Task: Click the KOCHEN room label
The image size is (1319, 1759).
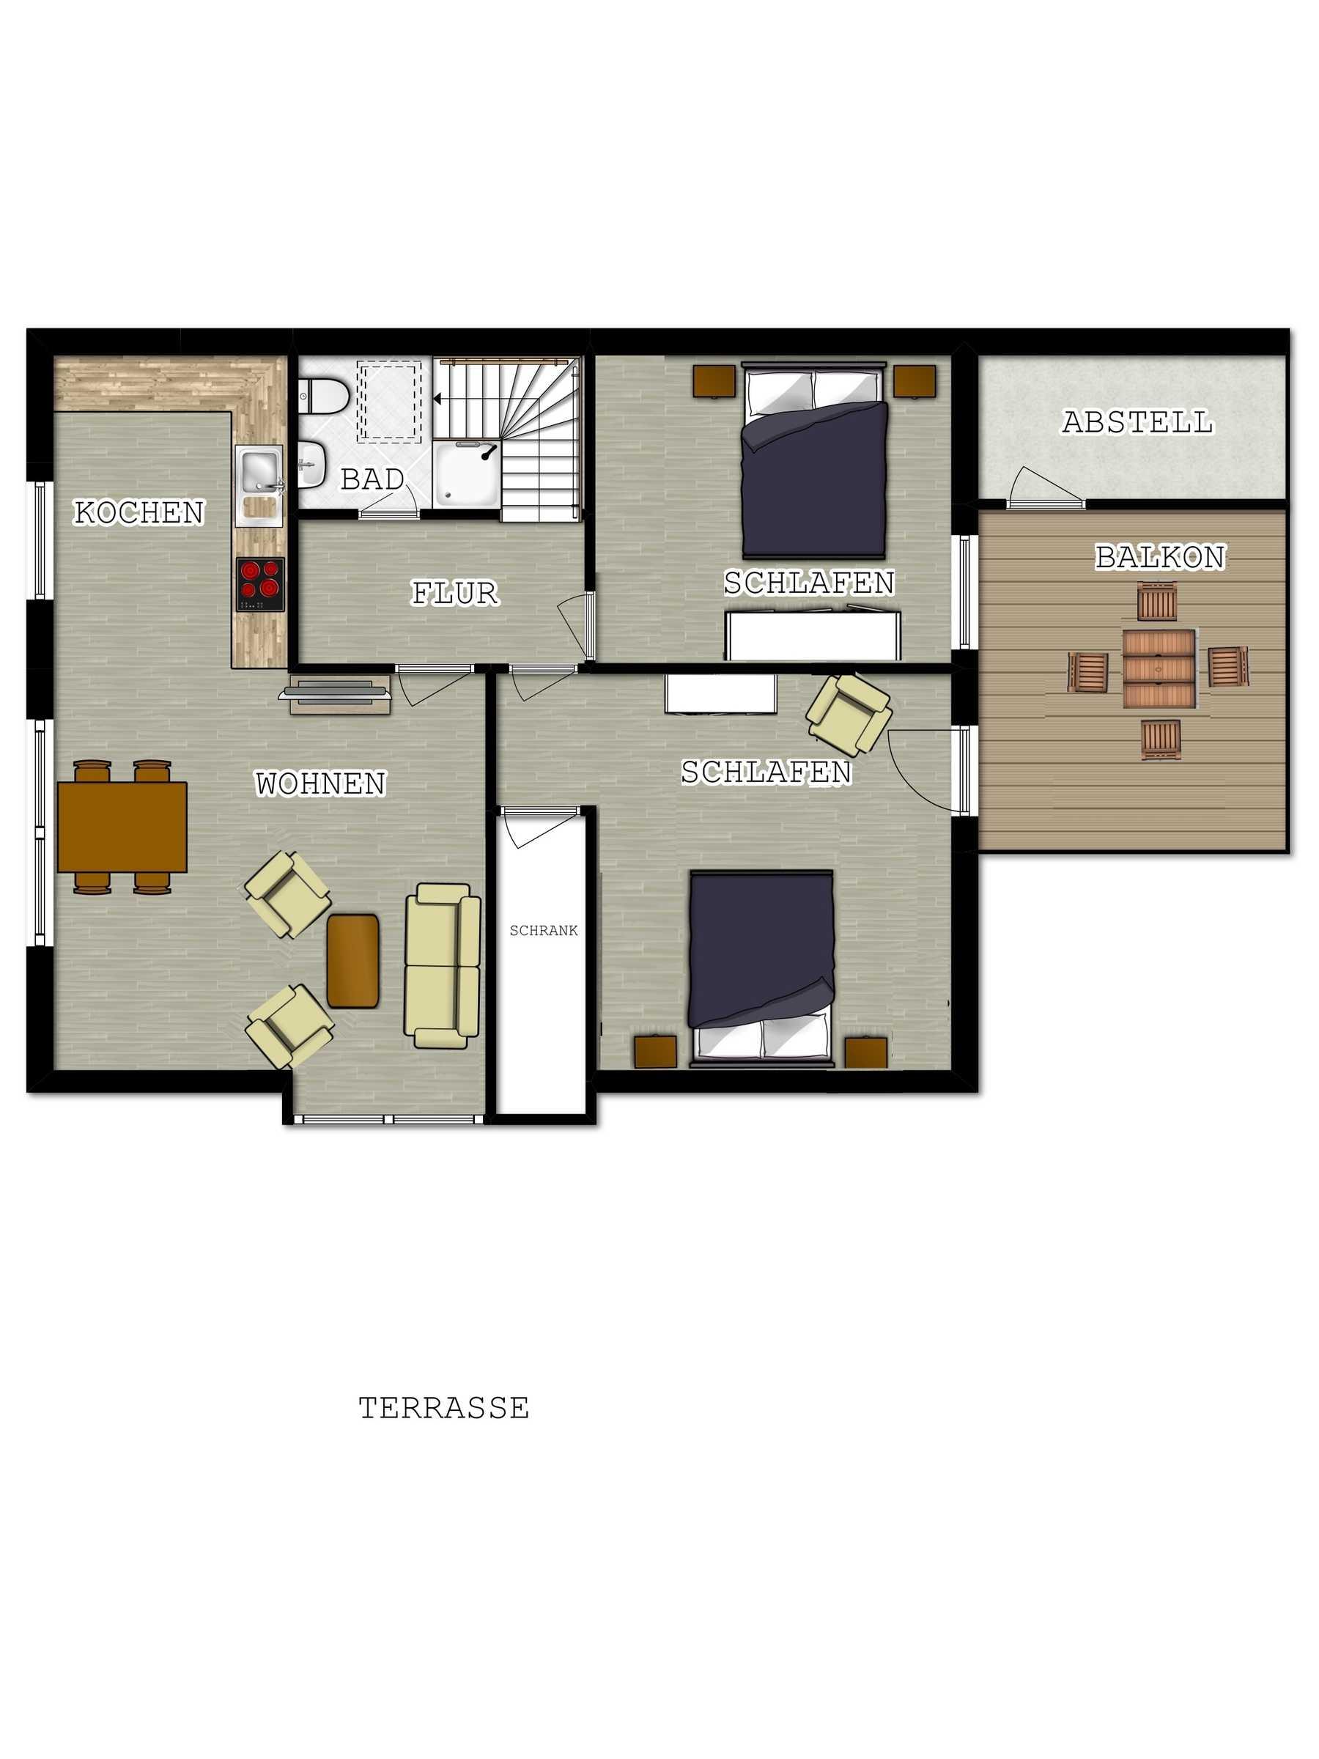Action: [139, 513]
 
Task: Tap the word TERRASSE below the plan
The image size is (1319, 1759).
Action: [443, 1409]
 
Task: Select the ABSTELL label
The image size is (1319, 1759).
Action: [1138, 422]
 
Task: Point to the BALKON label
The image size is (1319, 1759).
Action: [1160, 556]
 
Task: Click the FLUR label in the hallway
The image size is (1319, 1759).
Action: [455, 593]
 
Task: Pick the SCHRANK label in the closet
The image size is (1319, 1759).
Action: [544, 930]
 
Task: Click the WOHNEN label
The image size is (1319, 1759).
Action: [320, 784]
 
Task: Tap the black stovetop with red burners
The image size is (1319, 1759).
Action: [261, 584]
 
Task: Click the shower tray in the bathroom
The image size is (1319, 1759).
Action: [467, 475]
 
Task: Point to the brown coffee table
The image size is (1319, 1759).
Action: [353, 961]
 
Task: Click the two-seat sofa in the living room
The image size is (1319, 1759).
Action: [443, 965]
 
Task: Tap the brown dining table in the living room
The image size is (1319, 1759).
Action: [122, 827]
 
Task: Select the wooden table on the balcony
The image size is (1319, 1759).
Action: [1159, 668]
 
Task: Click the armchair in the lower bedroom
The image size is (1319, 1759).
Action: [849, 715]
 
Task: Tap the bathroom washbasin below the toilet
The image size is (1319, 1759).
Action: [312, 465]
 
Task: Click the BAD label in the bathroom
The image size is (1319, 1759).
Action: [372, 479]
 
